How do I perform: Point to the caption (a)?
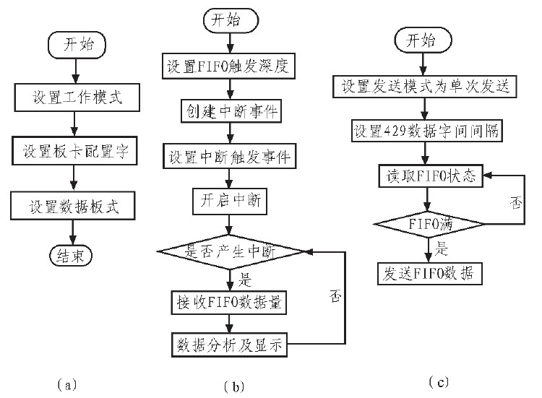pyautogui.click(x=65, y=384)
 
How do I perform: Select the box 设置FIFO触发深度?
pyautogui.click(x=230, y=69)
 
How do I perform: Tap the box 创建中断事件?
pyautogui.click(x=230, y=112)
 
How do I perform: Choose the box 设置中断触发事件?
pyautogui.click(x=230, y=157)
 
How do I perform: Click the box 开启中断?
pyautogui.click(x=230, y=203)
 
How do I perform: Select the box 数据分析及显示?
pyautogui.click(x=230, y=345)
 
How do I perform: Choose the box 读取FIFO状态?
pyautogui.click(x=429, y=176)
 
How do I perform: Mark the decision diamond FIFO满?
pyautogui.click(x=429, y=224)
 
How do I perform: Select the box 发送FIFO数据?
pyautogui.click(x=429, y=273)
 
